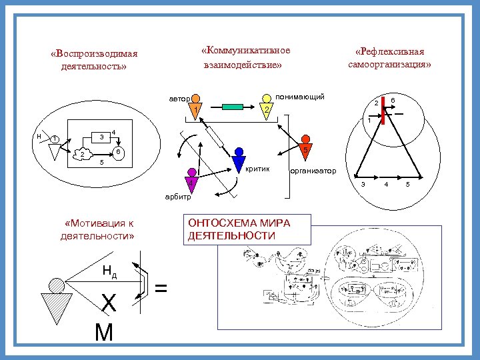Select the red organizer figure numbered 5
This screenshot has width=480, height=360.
304,149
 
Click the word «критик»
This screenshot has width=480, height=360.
257,169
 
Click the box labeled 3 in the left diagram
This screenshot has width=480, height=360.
101,137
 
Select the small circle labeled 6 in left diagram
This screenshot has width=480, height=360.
116,153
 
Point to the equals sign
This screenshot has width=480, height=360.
161,287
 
